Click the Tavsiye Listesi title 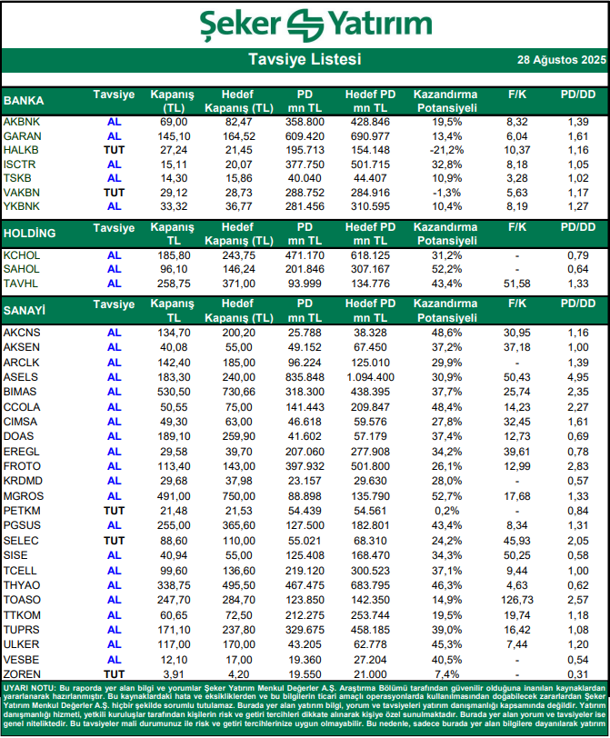(x=305, y=60)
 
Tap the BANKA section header (x=25, y=101)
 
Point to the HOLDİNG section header (x=30, y=234)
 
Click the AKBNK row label (x=21, y=122)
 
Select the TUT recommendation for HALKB (x=114, y=149)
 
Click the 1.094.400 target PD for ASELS (x=370, y=376)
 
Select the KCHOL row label (x=22, y=255)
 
